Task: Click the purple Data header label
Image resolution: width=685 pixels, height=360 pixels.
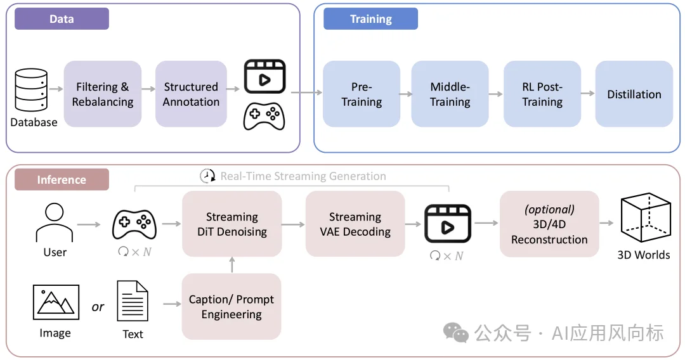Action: (x=62, y=19)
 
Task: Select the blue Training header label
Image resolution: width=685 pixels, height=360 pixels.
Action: (x=370, y=19)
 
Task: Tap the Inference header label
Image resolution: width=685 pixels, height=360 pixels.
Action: (x=62, y=179)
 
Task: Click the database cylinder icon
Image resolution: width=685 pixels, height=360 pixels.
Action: (x=31, y=91)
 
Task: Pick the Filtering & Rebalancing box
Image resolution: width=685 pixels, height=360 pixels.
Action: (x=103, y=94)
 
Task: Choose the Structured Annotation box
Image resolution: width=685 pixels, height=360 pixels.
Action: (x=191, y=94)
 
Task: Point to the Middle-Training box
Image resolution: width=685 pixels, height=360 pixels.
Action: (x=450, y=94)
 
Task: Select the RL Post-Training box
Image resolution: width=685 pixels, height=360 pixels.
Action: (x=542, y=94)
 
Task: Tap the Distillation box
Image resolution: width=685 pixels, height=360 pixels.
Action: (x=634, y=94)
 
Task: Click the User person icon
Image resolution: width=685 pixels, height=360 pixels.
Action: (x=55, y=222)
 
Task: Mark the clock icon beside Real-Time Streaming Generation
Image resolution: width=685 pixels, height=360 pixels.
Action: (x=207, y=176)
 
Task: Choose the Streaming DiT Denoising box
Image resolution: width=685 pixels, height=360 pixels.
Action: (x=232, y=224)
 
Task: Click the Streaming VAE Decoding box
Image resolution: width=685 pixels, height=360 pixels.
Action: (x=355, y=224)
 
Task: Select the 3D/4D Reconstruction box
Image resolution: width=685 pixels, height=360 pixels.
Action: (x=549, y=224)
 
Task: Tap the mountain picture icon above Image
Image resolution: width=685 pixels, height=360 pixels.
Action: (x=56, y=303)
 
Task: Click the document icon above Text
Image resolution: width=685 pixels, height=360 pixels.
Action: (x=133, y=302)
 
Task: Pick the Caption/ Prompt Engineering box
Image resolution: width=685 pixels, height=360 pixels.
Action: (x=232, y=307)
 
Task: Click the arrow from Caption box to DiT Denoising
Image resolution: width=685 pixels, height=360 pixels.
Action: (x=232, y=265)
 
